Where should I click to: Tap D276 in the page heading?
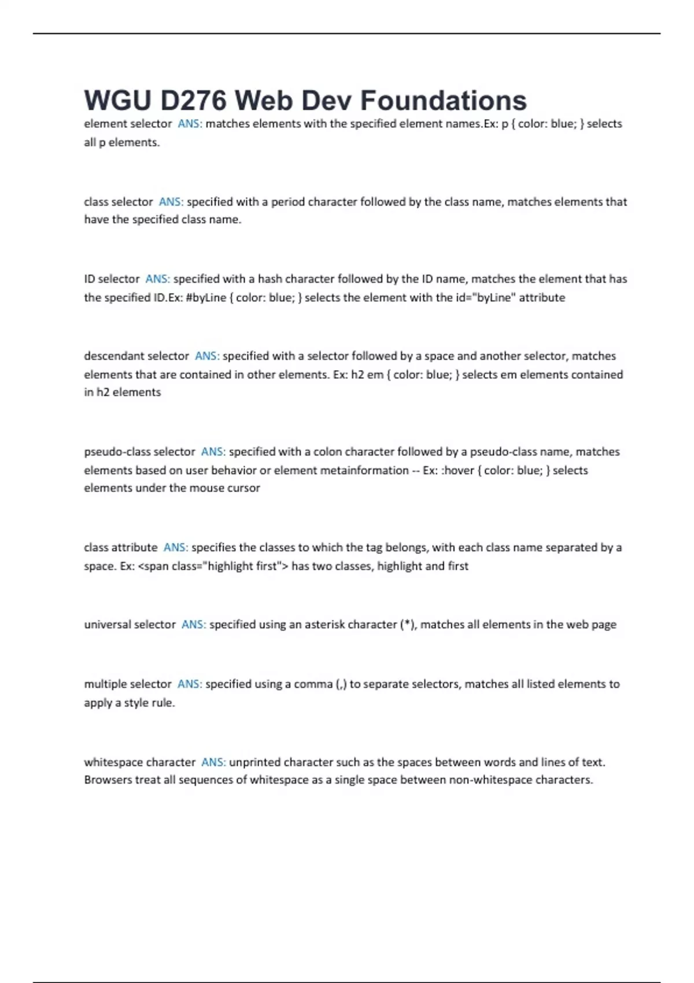coord(193,101)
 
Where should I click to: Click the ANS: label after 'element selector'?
coord(190,124)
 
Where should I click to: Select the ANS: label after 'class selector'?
coord(171,202)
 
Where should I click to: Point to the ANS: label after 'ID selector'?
coord(157,279)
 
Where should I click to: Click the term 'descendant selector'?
coord(136,356)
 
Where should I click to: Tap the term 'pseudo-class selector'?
coord(139,452)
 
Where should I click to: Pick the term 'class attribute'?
coord(120,548)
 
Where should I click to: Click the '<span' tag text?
coord(153,566)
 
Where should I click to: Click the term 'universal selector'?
coord(130,624)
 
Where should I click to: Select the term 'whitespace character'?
coord(139,762)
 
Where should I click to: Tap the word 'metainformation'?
coord(364,470)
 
